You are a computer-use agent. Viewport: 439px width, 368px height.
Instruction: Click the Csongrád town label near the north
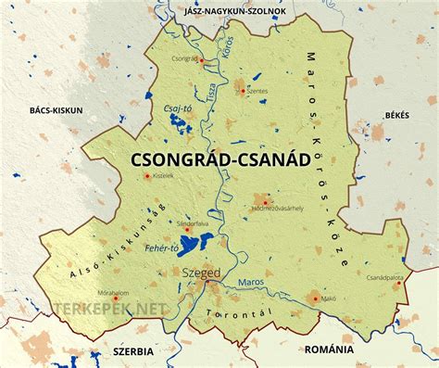tap(185, 57)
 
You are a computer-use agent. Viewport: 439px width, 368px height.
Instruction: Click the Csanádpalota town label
tap(384, 275)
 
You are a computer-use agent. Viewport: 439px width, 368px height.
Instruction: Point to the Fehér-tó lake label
tap(161, 247)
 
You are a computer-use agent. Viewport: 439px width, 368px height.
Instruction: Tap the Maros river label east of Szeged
tap(250, 280)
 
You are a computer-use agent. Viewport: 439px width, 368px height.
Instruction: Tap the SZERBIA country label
tap(131, 351)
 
